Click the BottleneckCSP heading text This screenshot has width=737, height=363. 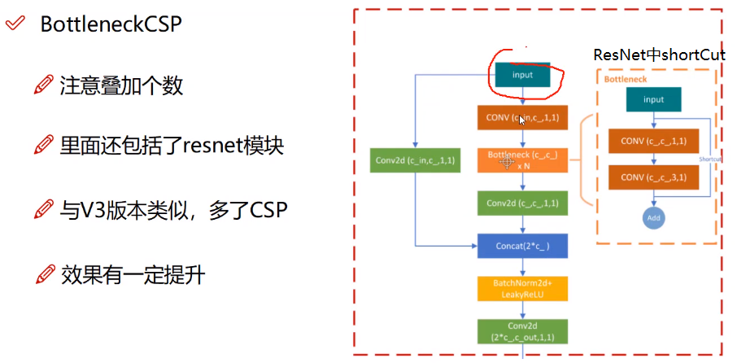111,24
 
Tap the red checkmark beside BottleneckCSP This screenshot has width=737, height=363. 15,24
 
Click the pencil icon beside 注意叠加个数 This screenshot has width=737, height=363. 45,85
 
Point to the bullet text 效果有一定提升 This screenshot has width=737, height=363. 133,274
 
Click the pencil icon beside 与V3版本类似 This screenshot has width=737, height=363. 45,211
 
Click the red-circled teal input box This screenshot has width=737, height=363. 522,75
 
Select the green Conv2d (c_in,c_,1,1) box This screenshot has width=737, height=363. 416,160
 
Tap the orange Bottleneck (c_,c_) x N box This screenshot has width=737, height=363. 522,159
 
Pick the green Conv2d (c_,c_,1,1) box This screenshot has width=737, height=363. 522,203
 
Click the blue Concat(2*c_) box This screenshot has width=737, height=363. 522,245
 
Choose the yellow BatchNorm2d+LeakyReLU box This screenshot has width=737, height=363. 522,288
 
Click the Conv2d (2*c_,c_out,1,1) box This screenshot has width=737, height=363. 522,331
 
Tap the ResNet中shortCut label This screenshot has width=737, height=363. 659,56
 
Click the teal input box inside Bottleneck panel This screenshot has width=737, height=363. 654,99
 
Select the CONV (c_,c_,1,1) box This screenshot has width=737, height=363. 654,141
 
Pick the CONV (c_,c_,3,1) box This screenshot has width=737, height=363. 654,177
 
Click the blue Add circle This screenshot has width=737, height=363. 654,218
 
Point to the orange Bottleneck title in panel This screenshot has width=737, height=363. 626,79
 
